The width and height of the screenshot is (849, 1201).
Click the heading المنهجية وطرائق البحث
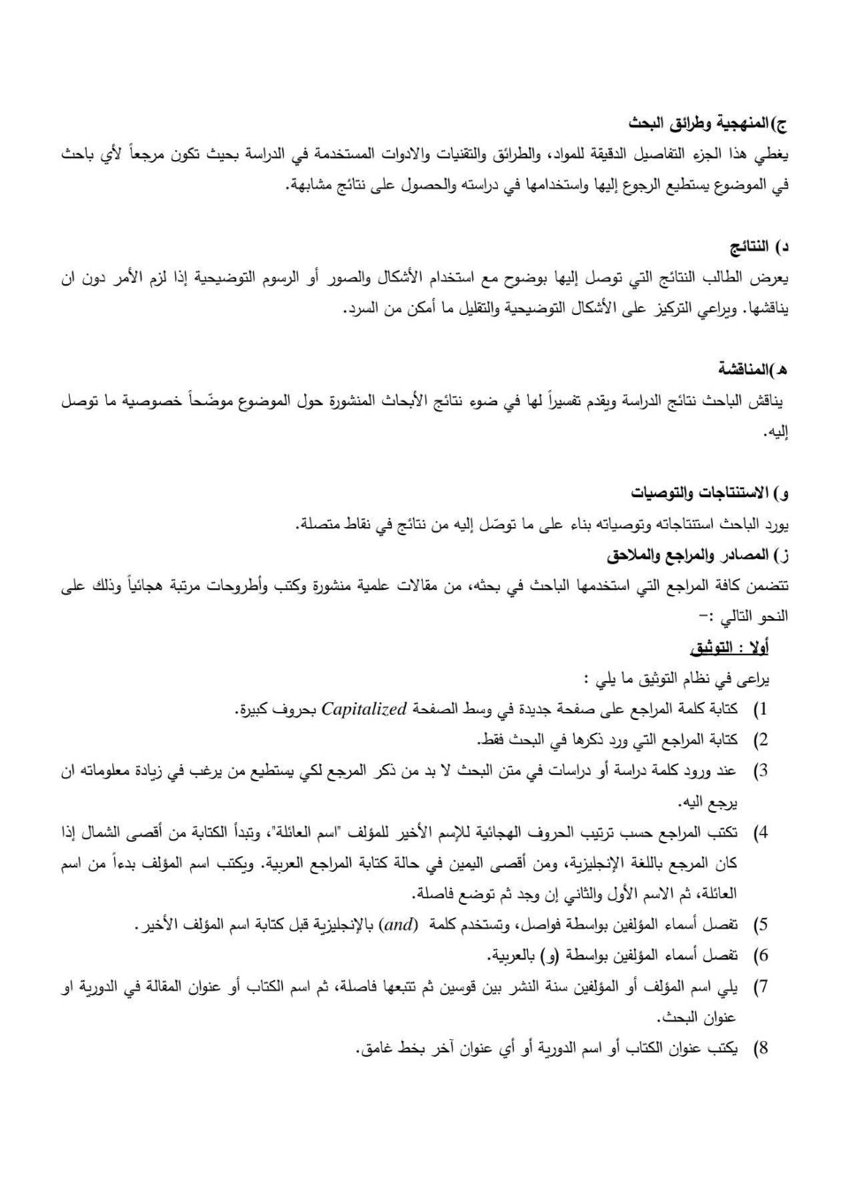[707, 122]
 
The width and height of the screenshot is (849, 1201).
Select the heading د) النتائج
[758, 245]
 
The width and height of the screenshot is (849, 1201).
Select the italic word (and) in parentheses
[398, 925]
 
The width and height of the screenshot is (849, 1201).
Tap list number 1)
[760, 709]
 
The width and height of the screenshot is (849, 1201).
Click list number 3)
[760, 771]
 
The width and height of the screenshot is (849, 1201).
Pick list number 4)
[760, 833]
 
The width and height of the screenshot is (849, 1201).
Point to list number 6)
[760, 956]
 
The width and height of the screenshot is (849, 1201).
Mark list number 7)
[760, 987]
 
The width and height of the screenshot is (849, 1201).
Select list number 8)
[760, 1049]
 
